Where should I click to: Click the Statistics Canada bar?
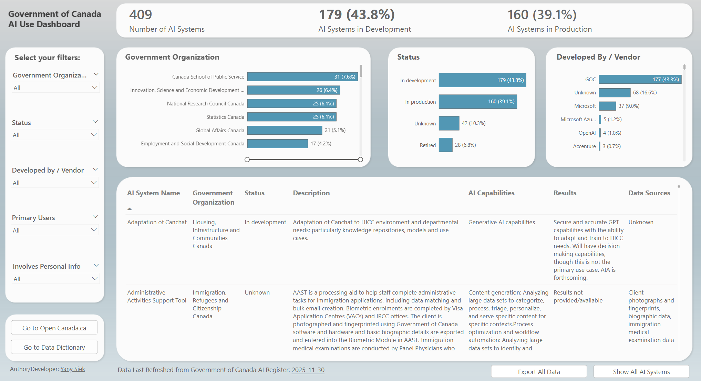[291, 117]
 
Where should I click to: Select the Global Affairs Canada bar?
[285, 130]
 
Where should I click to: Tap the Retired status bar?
[445, 145]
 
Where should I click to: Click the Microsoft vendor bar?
[607, 106]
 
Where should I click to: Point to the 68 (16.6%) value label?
[645, 93]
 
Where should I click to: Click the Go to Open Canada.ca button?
[54, 328]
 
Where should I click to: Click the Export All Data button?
[538, 372]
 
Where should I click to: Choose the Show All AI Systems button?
[641, 372]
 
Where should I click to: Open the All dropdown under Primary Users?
[55, 230]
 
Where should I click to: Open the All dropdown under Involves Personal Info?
[55, 279]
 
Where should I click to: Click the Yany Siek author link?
[73, 369]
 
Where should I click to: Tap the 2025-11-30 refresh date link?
[308, 370]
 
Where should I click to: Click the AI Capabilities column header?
[491, 193]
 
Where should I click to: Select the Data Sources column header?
[649, 193]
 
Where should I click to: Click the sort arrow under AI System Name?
[130, 209]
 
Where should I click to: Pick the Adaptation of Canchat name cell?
[157, 222]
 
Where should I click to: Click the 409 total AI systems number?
[141, 15]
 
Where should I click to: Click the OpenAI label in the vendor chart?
[587, 133]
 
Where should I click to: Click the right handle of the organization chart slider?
[360, 159]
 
